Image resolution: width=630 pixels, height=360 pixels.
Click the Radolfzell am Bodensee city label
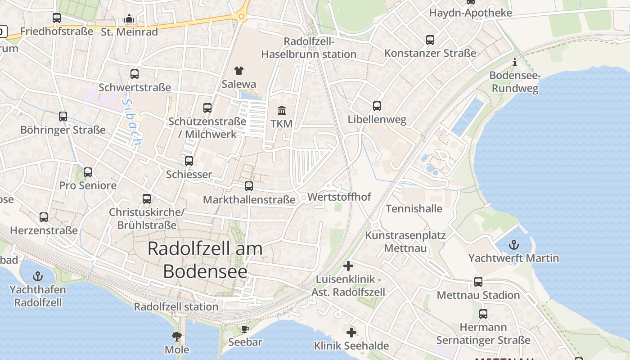[205, 260]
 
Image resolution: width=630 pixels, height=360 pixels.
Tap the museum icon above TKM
[282, 110]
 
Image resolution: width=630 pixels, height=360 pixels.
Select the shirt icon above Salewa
[238, 71]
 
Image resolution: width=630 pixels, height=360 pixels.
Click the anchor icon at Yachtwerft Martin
[513, 245]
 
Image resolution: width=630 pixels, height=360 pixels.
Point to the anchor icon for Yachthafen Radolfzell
[38, 276]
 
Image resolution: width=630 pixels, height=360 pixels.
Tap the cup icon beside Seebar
[245, 329]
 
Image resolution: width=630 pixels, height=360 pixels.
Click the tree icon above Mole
[177, 336]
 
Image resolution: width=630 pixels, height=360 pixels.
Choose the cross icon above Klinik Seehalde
[351, 333]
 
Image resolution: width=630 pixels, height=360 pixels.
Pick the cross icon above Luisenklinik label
[348, 266]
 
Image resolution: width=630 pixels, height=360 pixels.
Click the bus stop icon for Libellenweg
[377, 106]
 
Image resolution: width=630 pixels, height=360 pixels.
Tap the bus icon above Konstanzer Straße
[430, 40]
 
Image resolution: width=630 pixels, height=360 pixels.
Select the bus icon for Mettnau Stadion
[478, 282]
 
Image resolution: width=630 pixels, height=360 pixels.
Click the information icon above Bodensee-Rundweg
[515, 62]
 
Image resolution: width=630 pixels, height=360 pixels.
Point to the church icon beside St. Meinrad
[129, 19]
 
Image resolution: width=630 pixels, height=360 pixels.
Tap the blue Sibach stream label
[131, 121]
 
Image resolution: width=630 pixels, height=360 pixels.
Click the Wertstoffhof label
[339, 197]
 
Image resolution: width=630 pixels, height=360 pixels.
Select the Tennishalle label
[414, 209]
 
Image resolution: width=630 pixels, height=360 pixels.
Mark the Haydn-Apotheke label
[470, 13]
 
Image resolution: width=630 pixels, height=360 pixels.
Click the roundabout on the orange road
[242, 17]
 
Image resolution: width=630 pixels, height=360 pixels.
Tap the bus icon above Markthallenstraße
[249, 186]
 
